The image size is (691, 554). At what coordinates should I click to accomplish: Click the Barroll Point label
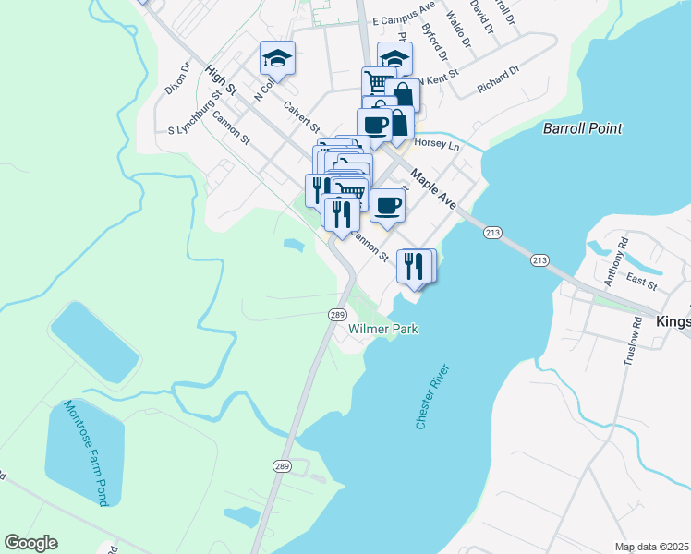(x=583, y=128)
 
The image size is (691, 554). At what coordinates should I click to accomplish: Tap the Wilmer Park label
(x=384, y=329)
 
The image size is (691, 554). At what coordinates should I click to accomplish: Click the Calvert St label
(x=302, y=116)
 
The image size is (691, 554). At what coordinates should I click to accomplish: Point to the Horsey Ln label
(x=438, y=145)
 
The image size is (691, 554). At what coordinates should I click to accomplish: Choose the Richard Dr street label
(x=499, y=78)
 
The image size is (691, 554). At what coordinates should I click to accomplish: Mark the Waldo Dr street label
(x=458, y=26)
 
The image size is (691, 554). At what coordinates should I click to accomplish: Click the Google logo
(x=30, y=543)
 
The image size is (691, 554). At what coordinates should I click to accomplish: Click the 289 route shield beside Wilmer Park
(x=336, y=315)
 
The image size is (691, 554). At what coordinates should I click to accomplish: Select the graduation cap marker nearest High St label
(x=276, y=58)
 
